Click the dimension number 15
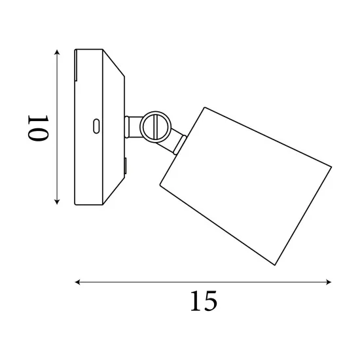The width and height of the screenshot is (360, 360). pyautogui.click(x=204, y=301)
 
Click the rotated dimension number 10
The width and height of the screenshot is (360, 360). pyautogui.click(x=38, y=128)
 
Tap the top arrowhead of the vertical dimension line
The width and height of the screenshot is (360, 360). pyautogui.click(x=57, y=52)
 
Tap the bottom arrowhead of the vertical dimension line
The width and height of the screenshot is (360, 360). pyautogui.click(x=57, y=202)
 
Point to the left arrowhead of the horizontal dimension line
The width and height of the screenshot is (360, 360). pyautogui.click(x=78, y=282)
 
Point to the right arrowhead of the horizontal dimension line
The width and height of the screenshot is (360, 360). pyautogui.click(x=329, y=282)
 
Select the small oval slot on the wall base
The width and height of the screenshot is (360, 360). pyautogui.click(x=96, y=126)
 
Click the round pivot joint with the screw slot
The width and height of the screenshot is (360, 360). pyautogui.click(x=155, y=127)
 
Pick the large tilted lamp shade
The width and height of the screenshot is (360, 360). pyautogui.click(x=245, y=186)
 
